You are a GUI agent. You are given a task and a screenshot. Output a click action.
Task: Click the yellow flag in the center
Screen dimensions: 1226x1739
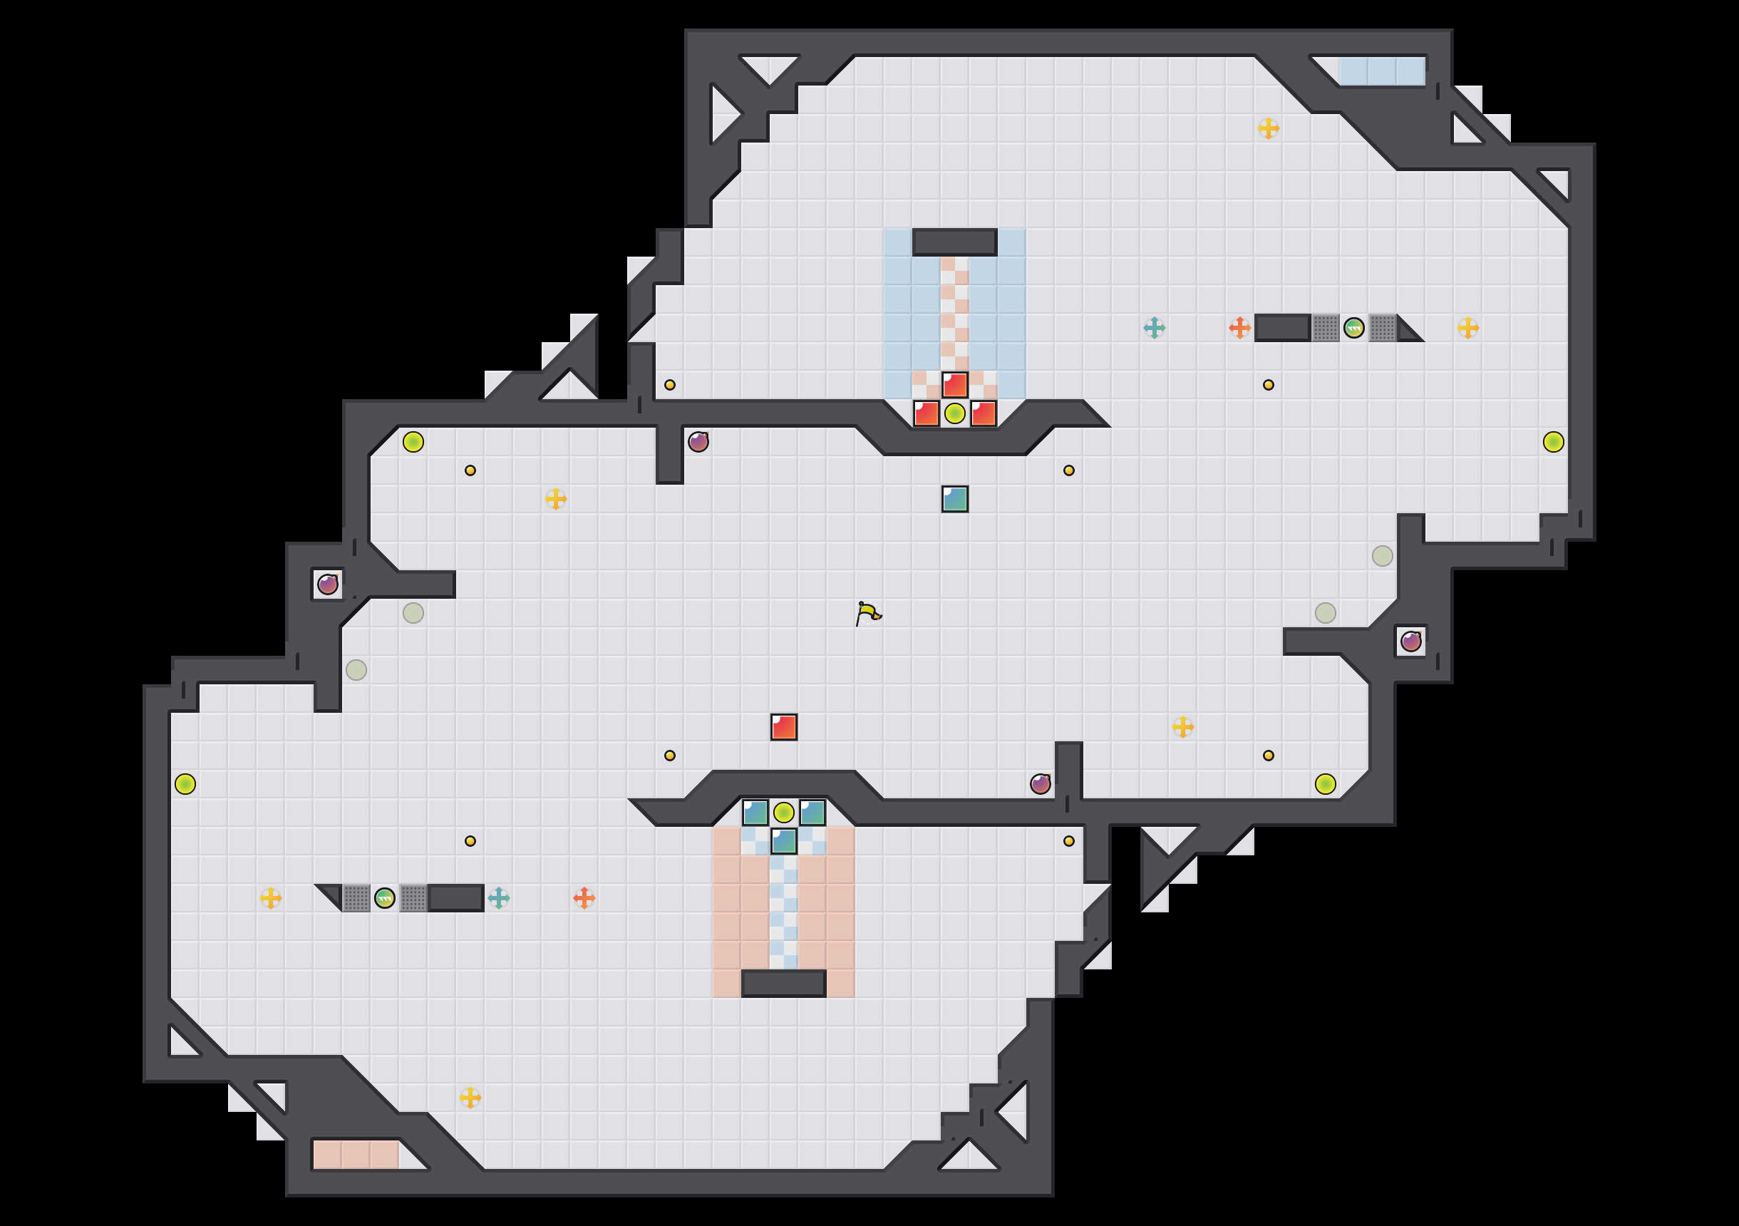pyautogui.click(x=868, y=612)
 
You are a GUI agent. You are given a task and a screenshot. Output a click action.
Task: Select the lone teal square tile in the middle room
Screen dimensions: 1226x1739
pyautogui.click(x=954, y=498)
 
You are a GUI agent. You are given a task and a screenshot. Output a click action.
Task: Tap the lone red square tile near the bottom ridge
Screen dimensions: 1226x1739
pyautogui.click(x=783, y=726)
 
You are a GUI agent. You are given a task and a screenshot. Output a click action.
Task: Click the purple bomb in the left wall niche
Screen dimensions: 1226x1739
pyautogui.click(x=327, y=584)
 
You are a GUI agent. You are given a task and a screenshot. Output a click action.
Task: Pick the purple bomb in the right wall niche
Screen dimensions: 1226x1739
pyautogui.click(x=1410, y=642)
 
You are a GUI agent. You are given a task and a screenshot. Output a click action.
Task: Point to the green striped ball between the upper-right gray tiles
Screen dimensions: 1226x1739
pyautogui.click(x=1353, y=328)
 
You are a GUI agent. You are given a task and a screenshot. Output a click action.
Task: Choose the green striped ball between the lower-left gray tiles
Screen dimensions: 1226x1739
pyautogui.click(x=385, y=898)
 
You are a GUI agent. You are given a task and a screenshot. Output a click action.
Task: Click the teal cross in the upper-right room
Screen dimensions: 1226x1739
pyautogui.click(x=1154, y=328)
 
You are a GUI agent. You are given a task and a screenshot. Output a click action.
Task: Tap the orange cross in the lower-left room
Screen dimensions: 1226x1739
pyautogui.click(x=584, y=898)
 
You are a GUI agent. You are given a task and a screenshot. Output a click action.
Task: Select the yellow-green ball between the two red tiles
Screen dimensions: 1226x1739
pyautogui.click(x=954, y=413)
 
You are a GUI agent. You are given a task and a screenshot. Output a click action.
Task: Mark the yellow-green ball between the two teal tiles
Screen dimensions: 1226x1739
pyautogui.click(x=783, y=813)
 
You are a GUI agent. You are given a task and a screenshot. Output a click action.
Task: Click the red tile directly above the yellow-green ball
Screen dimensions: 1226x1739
pyautogui.click(x=954, y=385)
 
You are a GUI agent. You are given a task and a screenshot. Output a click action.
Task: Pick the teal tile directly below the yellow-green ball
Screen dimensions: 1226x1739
pyautogui.click(x=783, y=841)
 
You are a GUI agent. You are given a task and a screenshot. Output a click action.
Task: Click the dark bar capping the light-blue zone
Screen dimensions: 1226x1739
pyautogui.click(x=954, y=242)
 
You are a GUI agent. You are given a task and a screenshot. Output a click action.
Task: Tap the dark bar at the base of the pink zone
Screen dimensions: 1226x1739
pyautogui.click(x=783, y=984)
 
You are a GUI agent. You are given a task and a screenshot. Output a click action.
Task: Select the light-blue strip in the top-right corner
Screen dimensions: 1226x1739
pyautogui.click(x=1381, y=71)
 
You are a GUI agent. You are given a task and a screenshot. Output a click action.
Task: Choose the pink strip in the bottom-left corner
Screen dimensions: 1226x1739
pyautogui.click(x=355, y=1155)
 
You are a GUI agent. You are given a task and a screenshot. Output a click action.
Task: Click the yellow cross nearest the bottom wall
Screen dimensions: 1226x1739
pyautogui.click(x=470, y=1097)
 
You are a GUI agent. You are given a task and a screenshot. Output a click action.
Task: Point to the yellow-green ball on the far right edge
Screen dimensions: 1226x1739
pyautogui.click(x=1553, y=442)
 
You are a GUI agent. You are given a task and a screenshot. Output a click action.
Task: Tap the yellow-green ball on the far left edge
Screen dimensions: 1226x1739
pyautogui.click(x=185, y=783)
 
